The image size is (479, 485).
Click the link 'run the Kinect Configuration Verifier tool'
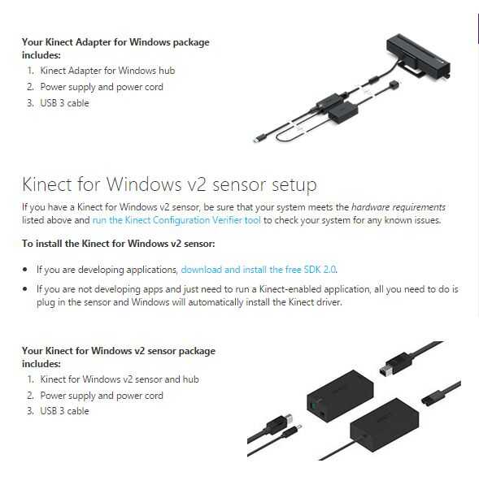point(176,220)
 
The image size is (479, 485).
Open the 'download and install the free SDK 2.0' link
point(259,270)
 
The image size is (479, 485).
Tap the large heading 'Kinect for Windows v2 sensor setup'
point(169,184)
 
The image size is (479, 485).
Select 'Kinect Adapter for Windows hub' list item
point(107,71)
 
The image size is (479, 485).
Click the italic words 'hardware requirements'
point(398,207)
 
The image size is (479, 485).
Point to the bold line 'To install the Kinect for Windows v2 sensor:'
point(118,244)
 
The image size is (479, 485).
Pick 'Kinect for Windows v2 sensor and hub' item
point(120,379)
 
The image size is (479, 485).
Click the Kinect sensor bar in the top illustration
point(418,55)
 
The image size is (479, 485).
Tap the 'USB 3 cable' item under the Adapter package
point(64,103)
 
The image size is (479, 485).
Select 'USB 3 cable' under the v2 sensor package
point(64,411)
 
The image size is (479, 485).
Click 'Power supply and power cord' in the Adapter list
point(102,87)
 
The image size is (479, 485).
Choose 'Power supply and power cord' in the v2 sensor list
point(102,396)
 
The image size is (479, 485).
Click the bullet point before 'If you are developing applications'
point(25,270)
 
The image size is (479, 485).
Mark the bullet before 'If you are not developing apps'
point(25,289)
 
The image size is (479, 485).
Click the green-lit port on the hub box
point(314,405)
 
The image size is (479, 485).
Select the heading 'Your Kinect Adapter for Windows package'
point(115,42)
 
